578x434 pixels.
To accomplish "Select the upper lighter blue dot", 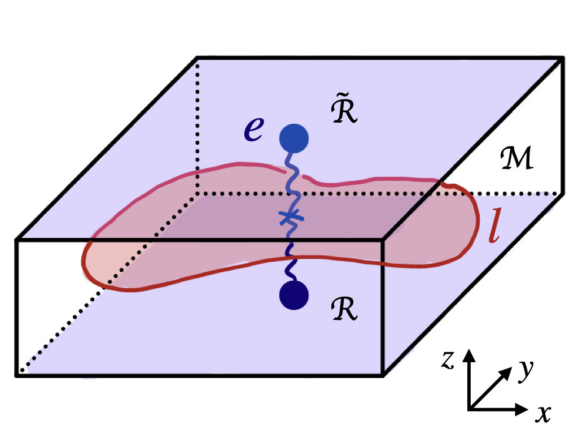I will coord(294,137).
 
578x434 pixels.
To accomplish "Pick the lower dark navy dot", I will coord(294,295).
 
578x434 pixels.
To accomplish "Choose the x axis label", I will coord(543,414).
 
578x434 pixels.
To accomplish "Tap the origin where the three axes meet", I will coord(470,408).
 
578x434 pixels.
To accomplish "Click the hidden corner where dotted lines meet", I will coord(196,194).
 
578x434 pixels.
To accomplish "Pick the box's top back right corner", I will coord(563,57).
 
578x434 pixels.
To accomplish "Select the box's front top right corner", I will coord(384,240).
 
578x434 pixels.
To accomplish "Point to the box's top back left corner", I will coord(196,57).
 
